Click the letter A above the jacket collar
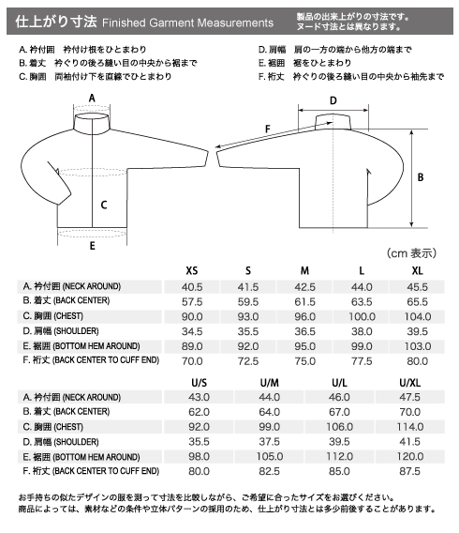(x=92, y=99)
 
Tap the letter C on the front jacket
(x=104, y=205)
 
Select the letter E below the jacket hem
(x=93, y=246)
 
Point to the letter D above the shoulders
(x=333, y=100)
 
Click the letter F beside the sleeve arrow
(x=268, y=129)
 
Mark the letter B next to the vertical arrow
(x=421, y=177)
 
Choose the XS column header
(x=192, y=271)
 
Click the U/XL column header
(x=409, y=383)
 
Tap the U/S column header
(x=199, y=383)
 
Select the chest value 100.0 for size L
(x=362, y=317)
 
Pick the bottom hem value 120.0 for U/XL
(x=410, y=456)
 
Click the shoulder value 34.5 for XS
(x=192, y=331)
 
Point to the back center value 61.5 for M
(x=305, y=302)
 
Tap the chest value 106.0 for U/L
(x=340, y=427)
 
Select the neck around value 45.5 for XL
(x=417, y=287)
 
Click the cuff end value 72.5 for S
(x=248, y=361)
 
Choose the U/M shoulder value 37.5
(x=270, y=442)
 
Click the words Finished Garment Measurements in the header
(x=187, y=23)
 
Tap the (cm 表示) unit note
(x=411, y=253)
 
